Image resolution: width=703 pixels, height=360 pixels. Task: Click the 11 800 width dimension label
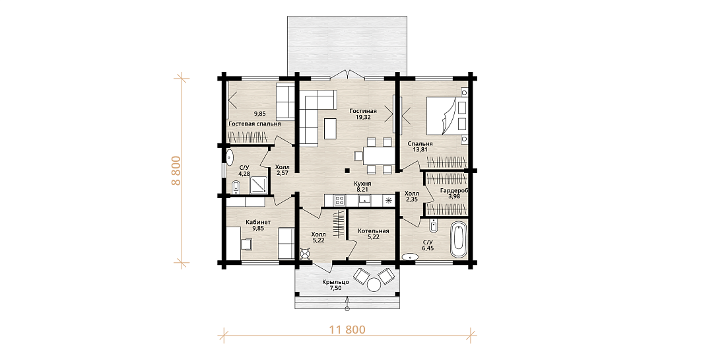[347, 330]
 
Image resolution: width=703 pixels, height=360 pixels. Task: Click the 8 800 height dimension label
[176, 170]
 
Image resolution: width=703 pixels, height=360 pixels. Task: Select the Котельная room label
[373, 231]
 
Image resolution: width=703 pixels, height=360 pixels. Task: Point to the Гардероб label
[454, 191]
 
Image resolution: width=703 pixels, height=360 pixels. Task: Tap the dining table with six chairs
[376, 156]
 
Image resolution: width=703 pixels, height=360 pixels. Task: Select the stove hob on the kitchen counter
[339, 200]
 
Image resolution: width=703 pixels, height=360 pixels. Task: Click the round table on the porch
[374, 285]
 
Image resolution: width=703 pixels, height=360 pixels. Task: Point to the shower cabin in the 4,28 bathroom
[258, 184]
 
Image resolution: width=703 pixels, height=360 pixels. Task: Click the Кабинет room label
[258, 222]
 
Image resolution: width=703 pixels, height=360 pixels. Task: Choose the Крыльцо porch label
[335, 282]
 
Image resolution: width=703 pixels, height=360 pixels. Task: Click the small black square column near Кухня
[347, 170]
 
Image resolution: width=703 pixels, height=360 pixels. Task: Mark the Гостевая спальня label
[255, 124]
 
